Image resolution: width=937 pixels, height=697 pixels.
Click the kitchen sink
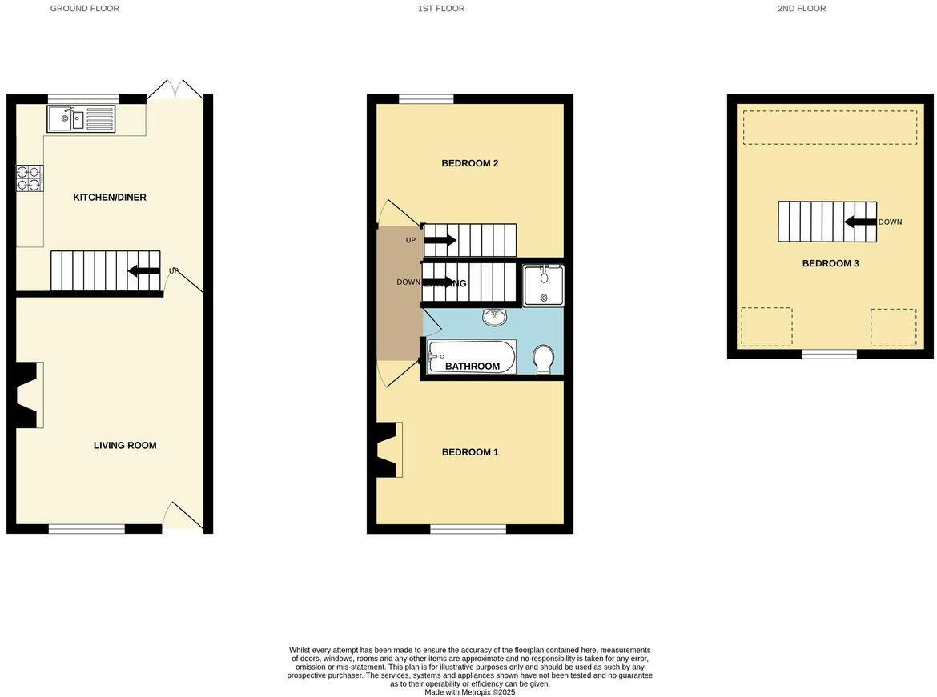(82, 119)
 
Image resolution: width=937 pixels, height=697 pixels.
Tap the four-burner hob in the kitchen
(30, 178)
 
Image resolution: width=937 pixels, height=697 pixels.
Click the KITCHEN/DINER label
(110, 198)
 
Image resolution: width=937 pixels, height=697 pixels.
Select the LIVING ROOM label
(125, 446)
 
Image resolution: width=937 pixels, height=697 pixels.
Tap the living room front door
(182, 516)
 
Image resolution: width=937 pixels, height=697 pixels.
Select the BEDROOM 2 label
(470, 164)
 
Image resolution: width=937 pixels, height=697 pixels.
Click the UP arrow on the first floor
(440, 240)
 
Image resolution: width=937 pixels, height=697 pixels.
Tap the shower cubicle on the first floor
(543, 284)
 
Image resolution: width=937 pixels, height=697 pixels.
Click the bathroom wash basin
(494, 318)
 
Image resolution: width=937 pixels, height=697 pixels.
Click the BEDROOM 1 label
(470, 452)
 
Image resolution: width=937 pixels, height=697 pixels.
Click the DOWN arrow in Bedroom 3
(860, 222)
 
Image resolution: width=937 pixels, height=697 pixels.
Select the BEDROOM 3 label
(830, 263)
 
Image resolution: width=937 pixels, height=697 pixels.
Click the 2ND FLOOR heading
(801, 9)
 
